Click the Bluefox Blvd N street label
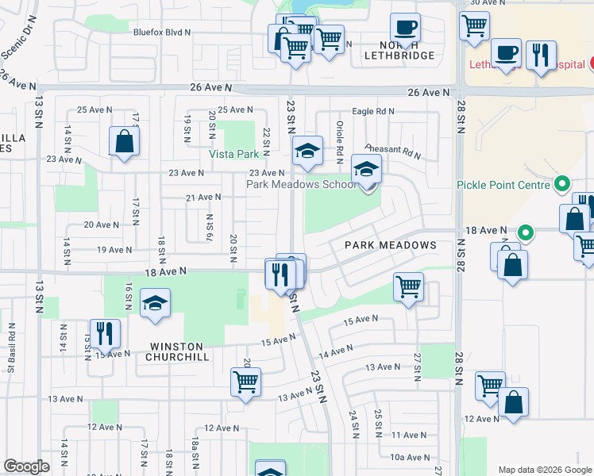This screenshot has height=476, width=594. coord(163,33)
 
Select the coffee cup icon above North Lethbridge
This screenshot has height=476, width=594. coord(405,28)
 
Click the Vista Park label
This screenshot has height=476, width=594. coord(234,154)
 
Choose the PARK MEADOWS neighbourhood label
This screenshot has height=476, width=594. coord(391,245)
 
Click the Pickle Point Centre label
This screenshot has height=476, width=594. coord(503,185)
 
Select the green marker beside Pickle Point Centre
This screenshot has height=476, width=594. coord(563,185)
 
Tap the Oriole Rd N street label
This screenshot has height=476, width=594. coord(339,140)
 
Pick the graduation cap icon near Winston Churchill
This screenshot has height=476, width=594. coord(155,303)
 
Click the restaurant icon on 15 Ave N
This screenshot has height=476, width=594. coord(104,332)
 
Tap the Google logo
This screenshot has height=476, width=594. coord(26,466)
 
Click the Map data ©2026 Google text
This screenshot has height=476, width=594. coord(544,470)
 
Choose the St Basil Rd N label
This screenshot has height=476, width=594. coord(12,347)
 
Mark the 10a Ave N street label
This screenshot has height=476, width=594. coord(409,457)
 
